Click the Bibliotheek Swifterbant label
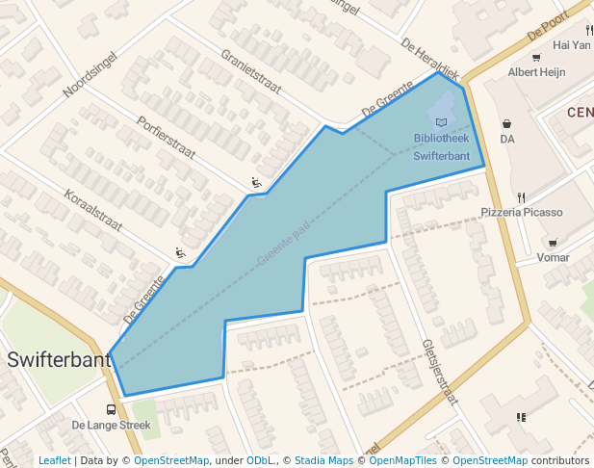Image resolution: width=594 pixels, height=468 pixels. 441,146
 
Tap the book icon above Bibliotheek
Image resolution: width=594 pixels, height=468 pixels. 441,122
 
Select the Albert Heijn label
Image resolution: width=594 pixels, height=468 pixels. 536,72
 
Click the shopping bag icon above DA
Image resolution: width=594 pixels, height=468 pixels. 507,123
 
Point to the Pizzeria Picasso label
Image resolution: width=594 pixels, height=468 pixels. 520,211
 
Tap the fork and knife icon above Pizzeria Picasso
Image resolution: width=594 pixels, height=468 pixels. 521,196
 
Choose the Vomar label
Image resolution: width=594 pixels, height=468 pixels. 553,257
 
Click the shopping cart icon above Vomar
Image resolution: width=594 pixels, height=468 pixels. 553,243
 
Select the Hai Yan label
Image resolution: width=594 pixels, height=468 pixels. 572,44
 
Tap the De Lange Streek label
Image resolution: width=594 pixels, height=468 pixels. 112,425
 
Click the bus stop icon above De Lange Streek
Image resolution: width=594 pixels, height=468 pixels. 112,409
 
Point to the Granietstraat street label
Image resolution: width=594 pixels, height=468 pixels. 250,72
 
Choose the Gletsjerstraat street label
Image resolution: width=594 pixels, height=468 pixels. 438,370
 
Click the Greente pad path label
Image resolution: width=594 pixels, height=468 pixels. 284,245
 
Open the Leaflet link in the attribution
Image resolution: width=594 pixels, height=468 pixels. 54,460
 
